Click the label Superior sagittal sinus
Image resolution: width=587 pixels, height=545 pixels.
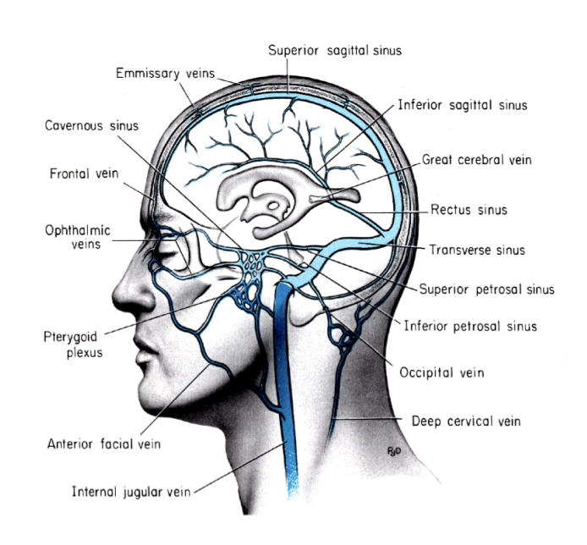[334, 50]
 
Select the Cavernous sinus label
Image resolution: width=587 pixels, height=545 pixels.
[91, 126]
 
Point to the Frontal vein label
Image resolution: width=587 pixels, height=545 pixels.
[84, 175]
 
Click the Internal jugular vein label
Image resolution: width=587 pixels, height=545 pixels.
[132, 489]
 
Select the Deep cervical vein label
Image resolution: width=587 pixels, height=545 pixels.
[465, 421]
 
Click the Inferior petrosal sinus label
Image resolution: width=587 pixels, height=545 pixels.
[469, 325]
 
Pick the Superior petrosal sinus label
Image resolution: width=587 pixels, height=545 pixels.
[486, 289]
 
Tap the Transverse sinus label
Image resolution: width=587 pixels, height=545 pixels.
[476, 250]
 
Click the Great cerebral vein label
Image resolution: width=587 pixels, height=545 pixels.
[478, 159]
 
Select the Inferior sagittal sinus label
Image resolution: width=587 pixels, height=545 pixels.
[463, 106]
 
